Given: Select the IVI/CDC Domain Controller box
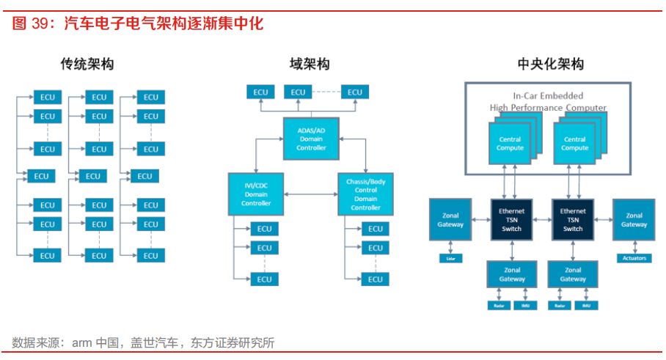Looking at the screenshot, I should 256,194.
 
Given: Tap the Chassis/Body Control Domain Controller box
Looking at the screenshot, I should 365,194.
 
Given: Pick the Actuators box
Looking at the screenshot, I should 634,258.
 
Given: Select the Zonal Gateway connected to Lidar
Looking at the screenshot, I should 452,220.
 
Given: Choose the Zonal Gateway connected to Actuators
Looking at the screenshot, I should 634,220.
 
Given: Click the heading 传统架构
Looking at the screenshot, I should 87,65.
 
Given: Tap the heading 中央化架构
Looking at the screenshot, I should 550,65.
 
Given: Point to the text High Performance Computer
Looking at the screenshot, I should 548,108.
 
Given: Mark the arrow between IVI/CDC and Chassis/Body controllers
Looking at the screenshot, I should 310,194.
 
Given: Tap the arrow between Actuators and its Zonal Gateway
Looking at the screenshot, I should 634,248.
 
